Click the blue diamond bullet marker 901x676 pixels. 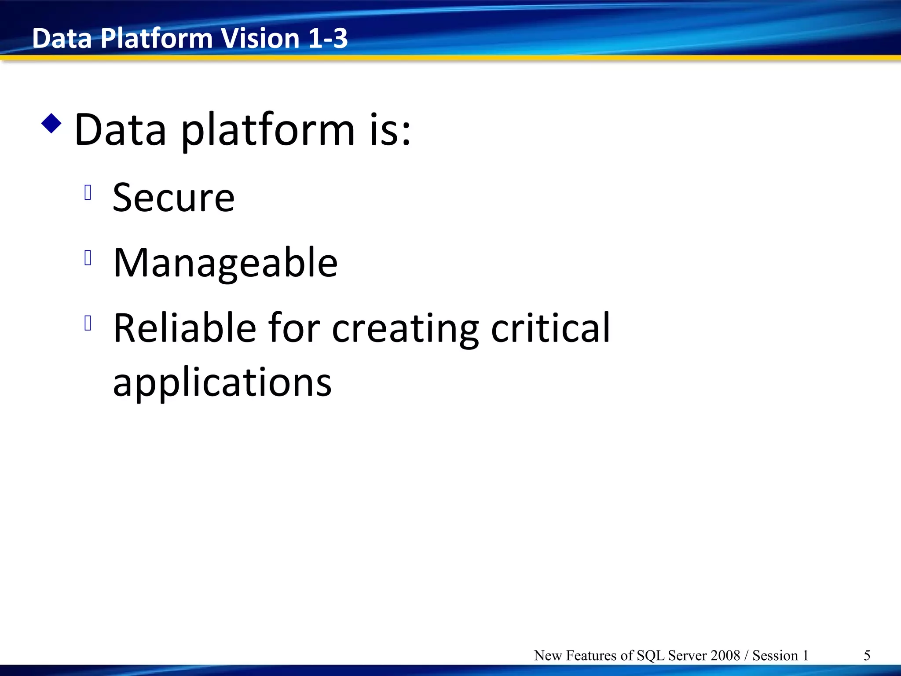tap(51, 124)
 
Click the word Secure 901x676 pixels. tap(173, 198)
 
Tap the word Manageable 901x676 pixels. tap(225, 263)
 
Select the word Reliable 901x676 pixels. tap(185, 328)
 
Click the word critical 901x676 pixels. tap(550, 328)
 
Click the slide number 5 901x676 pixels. tap(867, 655)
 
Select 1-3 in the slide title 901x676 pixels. tap(328, 38)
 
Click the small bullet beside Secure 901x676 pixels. tap(88, 192)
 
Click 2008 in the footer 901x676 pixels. tap(725, 655)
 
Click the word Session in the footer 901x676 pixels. tap(775, 655)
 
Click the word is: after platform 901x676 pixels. tap(390, 130)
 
